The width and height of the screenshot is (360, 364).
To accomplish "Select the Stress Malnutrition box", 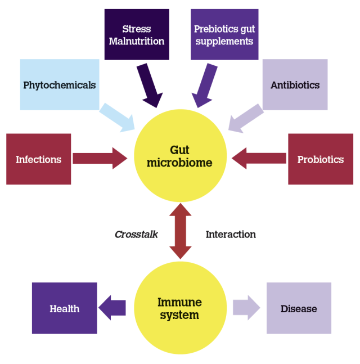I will point(137,34).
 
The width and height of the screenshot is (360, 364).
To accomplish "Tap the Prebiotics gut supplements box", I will point(224,34).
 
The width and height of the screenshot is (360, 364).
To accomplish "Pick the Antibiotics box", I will point(295,85).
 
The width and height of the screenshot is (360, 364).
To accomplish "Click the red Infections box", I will point(38,159).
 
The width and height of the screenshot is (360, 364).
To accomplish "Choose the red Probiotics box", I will point(320,159).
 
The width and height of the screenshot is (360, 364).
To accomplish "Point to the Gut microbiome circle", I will point(180,156).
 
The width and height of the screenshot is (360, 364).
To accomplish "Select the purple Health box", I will point(65,308).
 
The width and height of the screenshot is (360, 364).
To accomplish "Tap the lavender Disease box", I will point(299,308).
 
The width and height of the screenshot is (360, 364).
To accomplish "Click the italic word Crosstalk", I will point(136,234).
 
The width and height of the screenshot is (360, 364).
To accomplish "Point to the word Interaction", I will point(231,234).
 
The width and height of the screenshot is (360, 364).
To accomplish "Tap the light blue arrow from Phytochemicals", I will point(117,116).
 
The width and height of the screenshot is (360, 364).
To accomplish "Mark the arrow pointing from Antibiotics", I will point(245,116).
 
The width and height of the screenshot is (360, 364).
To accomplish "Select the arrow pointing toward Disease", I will point(246,308).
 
